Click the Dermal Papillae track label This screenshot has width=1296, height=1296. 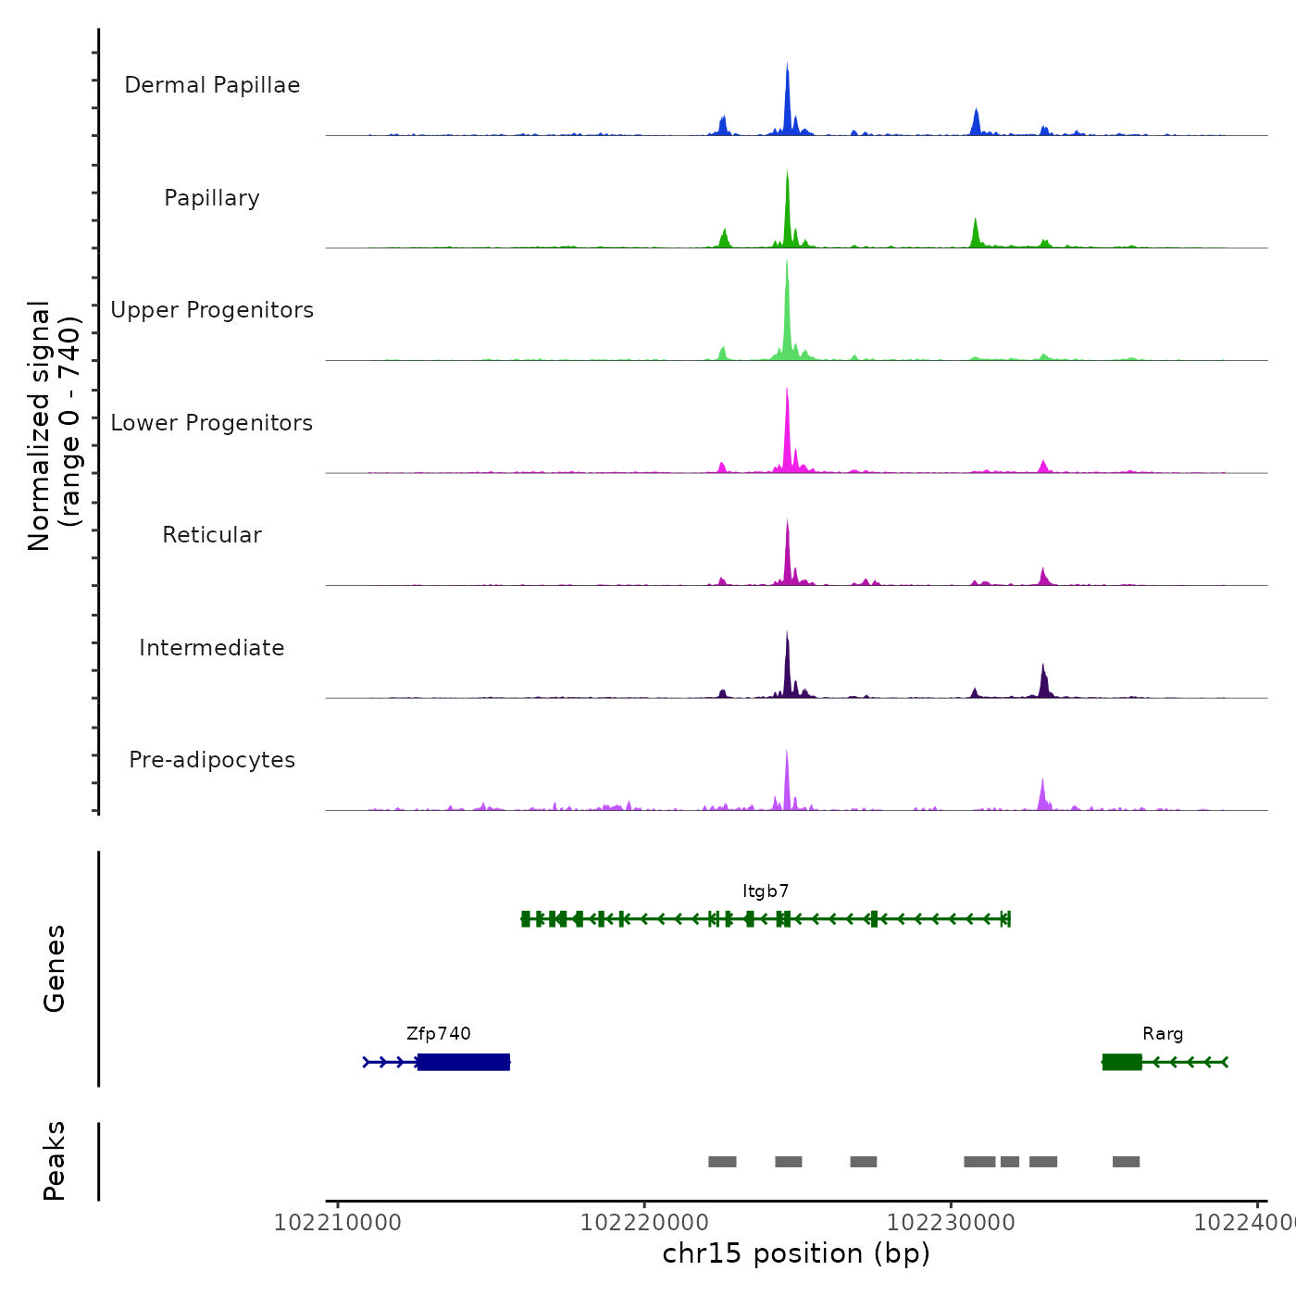click(x=212, y=85)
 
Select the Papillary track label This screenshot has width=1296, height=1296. click(x=212, y=198)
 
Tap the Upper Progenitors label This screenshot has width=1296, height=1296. click(x=212, y=310)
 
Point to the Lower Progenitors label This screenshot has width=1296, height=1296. click(x=212, y=423)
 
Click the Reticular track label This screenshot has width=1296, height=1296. click(x=212, y=535)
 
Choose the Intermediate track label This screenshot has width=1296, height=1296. click(x=212, y=648)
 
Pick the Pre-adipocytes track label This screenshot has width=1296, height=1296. click(x=212, y=760)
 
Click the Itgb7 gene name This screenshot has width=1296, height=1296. click(x=766, y=891)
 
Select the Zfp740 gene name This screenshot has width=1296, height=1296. click(x=439, y=1034)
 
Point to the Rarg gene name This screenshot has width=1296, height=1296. click(x=1163, y=1034)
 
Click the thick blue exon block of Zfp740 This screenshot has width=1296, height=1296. click(x=464, y=1062)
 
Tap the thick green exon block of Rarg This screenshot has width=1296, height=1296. click(x=1122, y=1062)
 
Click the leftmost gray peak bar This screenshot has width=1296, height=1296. click(x=722, y=1162)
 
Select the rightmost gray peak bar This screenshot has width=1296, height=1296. click(x=1126, y=1162)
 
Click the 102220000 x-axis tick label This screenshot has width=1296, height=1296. click(x=643, y=1223)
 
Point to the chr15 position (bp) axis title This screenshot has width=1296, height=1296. click(x=796, y=1253)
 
